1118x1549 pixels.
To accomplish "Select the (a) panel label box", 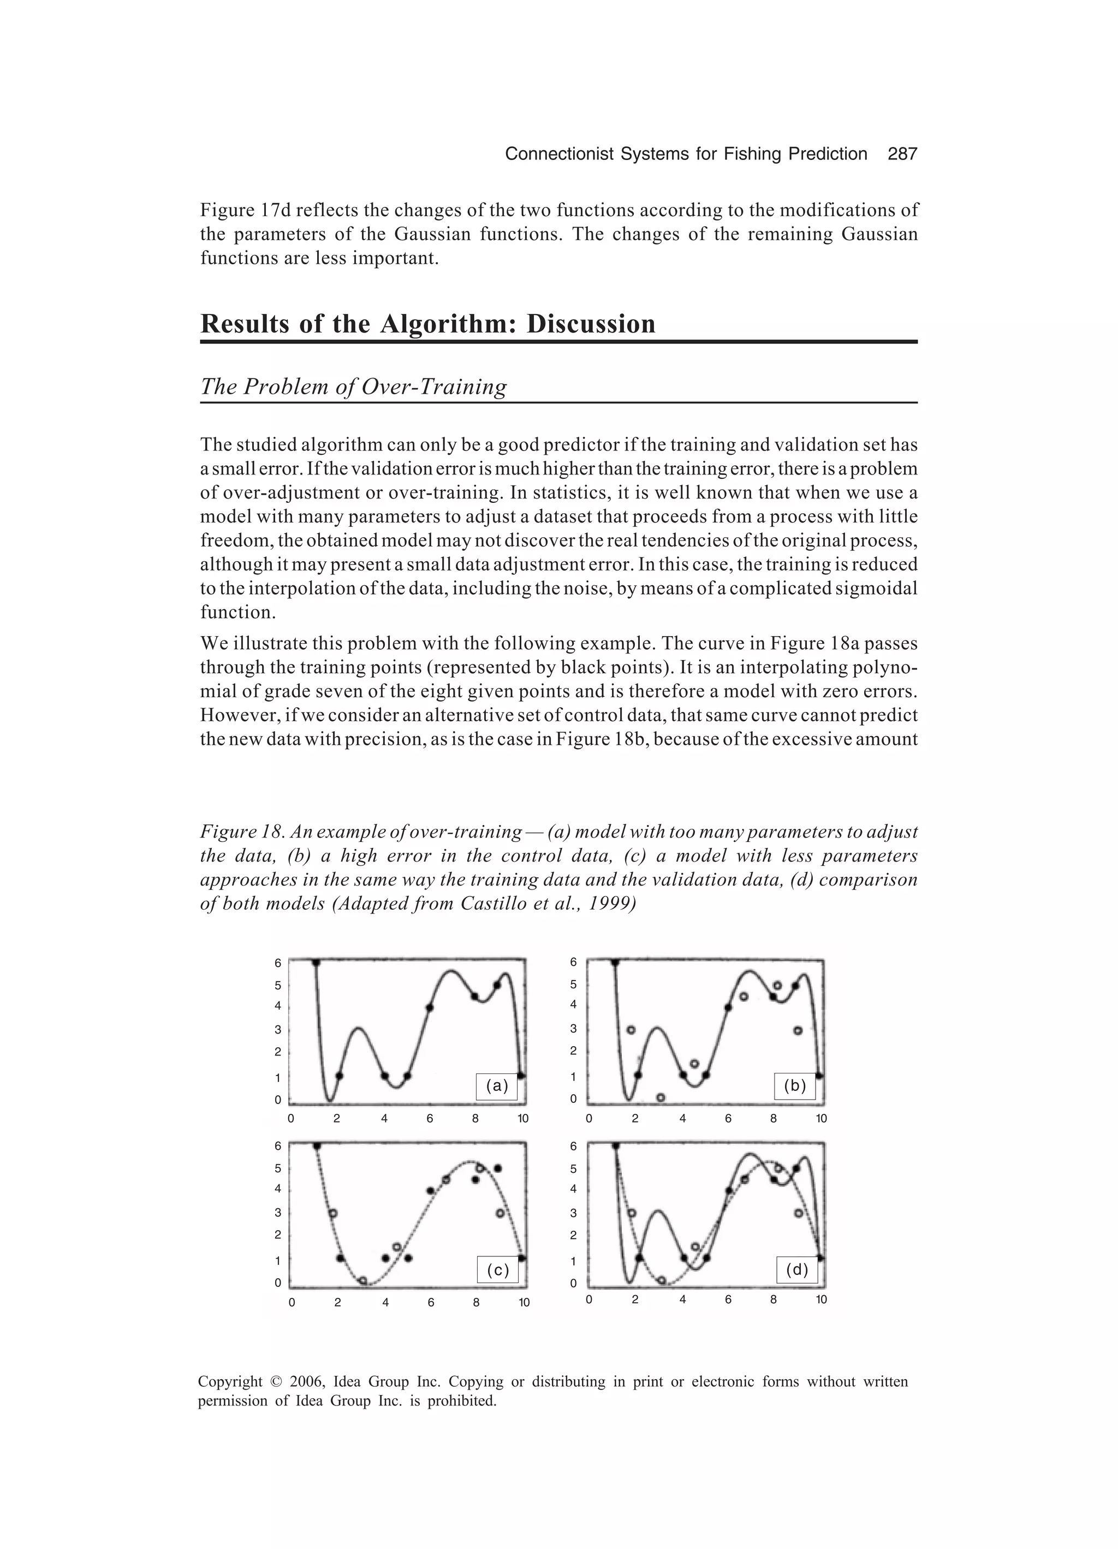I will pyautogui.click(x=497, y=1086).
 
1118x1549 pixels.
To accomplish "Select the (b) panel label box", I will pyautogui.click(x=794, y=1086).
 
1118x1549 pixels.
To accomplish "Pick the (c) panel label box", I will pyautogui.click(x=497, y=1271).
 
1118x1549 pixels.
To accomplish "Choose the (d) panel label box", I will pyautogui.click(x=796, y=1271).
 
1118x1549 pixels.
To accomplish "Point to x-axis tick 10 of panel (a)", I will pyautogui.click(x=522, y=1119).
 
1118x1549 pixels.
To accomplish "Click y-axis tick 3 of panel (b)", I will pyautogui.click(x=574, y=1029).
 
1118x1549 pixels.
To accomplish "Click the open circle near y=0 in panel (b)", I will pyautogui.click(x=661, y=1097).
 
